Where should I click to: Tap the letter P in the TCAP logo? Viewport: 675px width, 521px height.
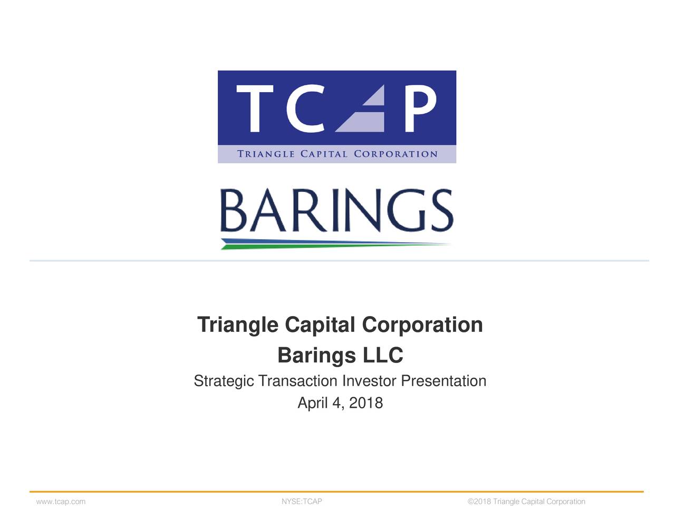[421, 109]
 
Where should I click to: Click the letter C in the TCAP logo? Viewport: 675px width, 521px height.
[302, 109]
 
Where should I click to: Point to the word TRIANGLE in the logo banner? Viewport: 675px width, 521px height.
[266, 154]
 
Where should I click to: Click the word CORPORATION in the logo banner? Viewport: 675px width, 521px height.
[396, 154]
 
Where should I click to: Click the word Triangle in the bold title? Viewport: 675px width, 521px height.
[237, 325]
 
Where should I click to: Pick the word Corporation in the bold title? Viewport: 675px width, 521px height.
[422, 325]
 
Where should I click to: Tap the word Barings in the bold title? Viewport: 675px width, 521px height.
[316, 356]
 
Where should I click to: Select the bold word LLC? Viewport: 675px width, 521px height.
[383, 356]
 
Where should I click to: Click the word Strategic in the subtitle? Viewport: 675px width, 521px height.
[224, 381]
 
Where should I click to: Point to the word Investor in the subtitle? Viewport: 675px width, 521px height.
[369, 381]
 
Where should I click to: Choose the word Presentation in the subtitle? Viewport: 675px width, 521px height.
[443, 381]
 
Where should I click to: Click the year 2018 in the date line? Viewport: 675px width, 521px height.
[366, 403]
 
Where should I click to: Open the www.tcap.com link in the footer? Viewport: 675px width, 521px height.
[61, 502]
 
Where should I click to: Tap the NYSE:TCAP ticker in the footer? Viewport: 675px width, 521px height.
[302, 502]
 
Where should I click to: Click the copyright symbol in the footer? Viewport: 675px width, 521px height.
[470, 502]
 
